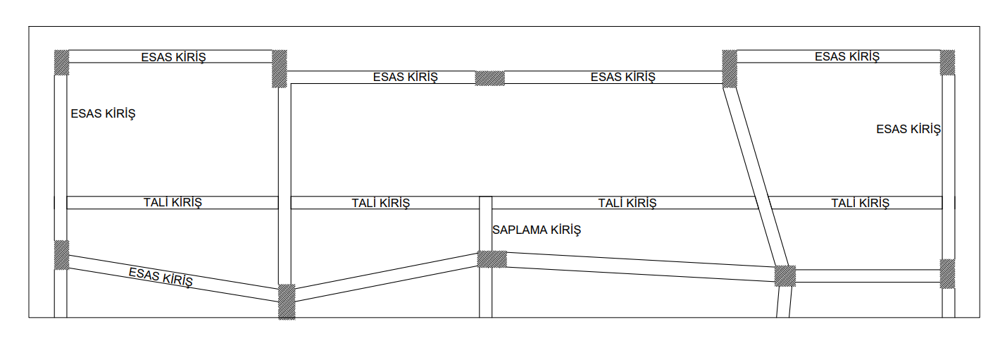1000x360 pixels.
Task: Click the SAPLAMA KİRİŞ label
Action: pyautogui.click(x=537, y=230)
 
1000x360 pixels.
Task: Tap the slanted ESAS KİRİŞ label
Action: pyautogui.click(x=161, y=277)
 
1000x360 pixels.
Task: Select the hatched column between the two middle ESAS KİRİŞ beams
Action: pyautogui.click(x=490, y=77)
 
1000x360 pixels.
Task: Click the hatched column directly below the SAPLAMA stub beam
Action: pyautogui.click(x=492, y=259)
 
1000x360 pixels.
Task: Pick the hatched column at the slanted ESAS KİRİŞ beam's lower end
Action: pyautogui.click(x=287, y=302)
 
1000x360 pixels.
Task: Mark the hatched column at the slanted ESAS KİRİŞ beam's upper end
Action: pyautogui.click(x=62, y=254)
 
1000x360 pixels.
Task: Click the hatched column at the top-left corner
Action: pyautogui.click(x=61, y=62)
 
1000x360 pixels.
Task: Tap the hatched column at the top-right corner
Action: pyautogui.click(x=948, y=62)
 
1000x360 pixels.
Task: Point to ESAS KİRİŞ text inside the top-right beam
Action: pyautogui.click(x=847, y=56)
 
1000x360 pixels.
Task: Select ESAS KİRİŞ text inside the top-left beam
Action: pyautogui.click(x=173, y=57)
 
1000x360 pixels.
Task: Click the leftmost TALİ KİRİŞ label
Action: pyautogui.click(x=173, y=203)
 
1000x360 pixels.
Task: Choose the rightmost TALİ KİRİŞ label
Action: pyautogui.click(x=860, y=203)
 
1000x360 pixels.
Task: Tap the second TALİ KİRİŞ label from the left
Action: pyautogui.click(x=380, y=203)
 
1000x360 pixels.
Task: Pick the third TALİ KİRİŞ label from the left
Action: pyautogui.click(x=627, y=203)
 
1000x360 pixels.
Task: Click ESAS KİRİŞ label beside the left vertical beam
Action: pyautogui.click(x=103, y=113)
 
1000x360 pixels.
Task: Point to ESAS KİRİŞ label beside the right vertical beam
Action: pyautogui.click(x=908, y=129)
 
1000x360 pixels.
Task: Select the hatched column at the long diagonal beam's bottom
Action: pyautogui.click(x=785, y=275)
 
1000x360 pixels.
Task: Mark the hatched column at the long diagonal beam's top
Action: pyautogui.click(x=730, y=68)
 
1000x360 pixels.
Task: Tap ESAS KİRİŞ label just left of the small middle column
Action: pyautogui.click(x=405, y=77)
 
